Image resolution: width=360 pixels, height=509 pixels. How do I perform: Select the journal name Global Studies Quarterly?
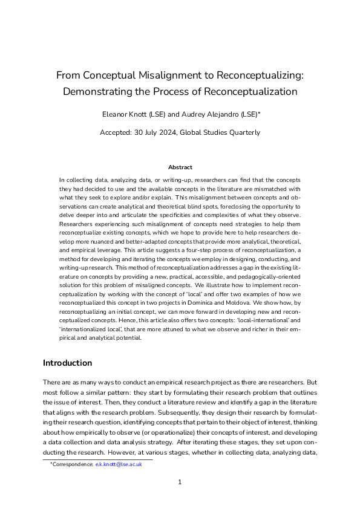click(x=229, y=132)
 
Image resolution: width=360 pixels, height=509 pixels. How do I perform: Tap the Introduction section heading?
click(x=67, y=363)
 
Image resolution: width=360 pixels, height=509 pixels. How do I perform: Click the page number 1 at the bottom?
click(x=180, y=482)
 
